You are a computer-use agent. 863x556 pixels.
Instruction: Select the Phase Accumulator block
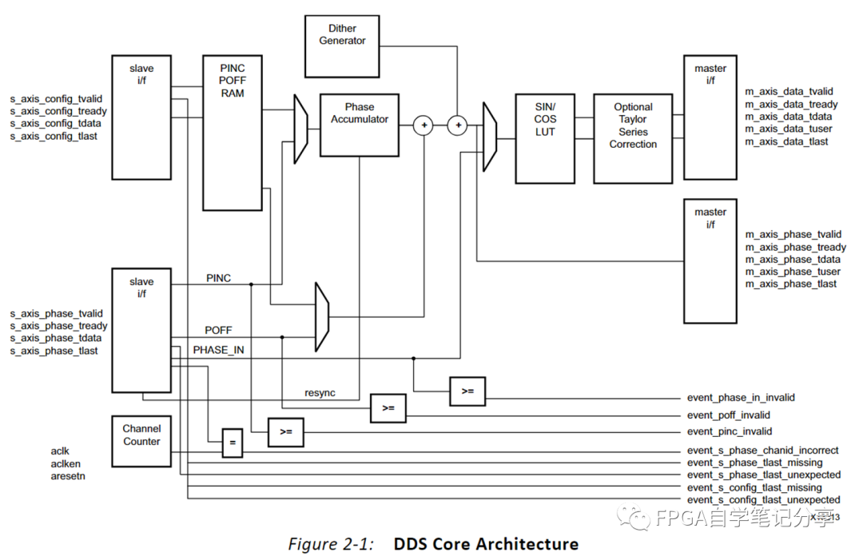pos(359,125)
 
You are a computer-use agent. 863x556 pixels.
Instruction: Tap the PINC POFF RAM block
pos(232,133)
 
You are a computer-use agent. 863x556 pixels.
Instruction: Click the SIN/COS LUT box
pos(545,138)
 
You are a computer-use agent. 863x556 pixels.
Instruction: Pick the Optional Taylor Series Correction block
pos(633,138)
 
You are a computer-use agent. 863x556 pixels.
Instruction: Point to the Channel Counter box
pos(141,441)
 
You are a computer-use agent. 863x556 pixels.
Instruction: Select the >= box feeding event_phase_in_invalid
pos(467,391)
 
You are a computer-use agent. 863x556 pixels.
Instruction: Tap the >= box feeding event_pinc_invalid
pos(285,431)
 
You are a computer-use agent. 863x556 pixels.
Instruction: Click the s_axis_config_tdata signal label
pos(56,124)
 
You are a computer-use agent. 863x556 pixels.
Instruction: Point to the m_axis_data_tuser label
pos(788,129)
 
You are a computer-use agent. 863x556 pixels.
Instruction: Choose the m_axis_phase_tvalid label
pos(793,235)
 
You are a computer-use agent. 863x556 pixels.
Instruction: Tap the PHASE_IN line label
pos(218,350)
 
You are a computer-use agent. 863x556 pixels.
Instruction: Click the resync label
pos(320,393)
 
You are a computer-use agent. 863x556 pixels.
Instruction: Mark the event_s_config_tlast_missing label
pos(754,487)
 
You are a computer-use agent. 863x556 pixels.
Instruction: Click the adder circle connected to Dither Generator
pos(458,125)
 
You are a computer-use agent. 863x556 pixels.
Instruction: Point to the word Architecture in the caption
pos(527,544)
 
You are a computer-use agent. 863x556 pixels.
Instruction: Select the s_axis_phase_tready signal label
pos(58,326)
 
